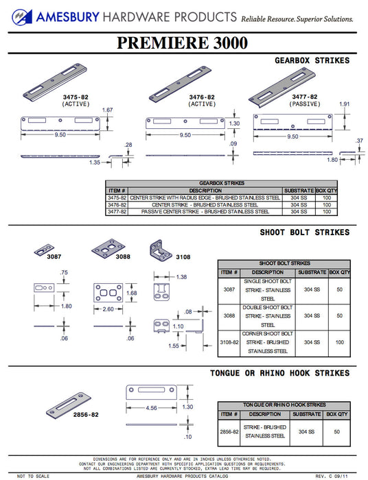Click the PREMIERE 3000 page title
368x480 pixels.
pyautogui.click(x=183, y=43)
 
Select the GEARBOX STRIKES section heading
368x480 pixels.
pyautogui.click(x=312, y=60)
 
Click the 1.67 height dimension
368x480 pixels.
pyautogui.click(x=107, y=110)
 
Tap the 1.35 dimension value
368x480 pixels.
pyautogui.click(x=95, y=163)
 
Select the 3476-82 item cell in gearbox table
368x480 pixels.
pyautogui.click(x=116, y=204)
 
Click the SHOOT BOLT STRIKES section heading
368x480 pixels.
pyautogui.click(x=304, y=232)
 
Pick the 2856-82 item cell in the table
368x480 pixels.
pyautogui.click(x=228, y=432)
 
